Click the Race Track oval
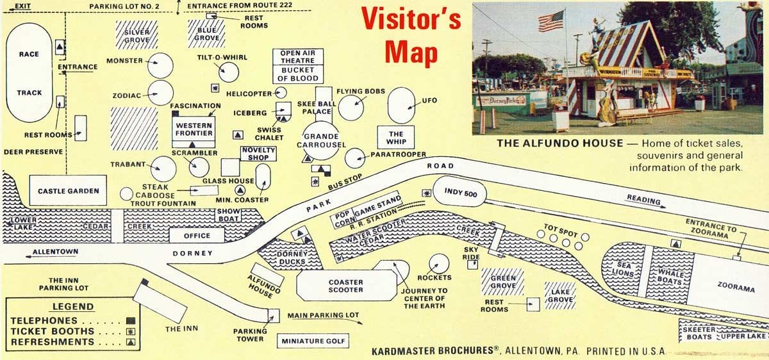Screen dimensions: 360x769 click(29, 74)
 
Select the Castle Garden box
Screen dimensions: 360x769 click(68, 191)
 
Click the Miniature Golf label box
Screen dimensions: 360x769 click(313, 341)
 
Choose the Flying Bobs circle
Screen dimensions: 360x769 click(351, 106)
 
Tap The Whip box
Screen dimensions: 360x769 click(397, 138)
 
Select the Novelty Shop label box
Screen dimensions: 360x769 click(258, 153)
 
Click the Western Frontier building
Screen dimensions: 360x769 click(194, 129)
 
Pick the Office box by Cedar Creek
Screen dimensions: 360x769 click(196, 236)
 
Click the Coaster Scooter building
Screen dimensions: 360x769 click(346, 286)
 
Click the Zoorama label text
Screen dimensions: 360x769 click(736, 288)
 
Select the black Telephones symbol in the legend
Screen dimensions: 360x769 click(131, 320)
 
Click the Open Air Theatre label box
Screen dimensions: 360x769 click(297, 57)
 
